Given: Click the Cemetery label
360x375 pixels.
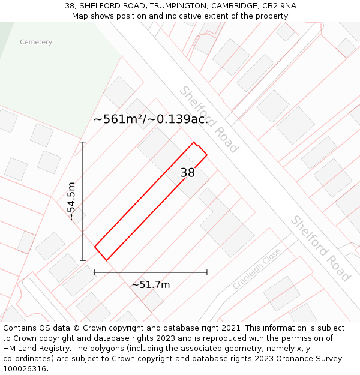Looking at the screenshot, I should tap(36, 42).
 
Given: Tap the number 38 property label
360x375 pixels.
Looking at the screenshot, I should tap(188, 173).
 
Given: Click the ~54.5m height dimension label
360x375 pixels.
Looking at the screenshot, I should tap(71, 201).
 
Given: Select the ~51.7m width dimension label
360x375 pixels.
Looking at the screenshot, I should tap(151, 284).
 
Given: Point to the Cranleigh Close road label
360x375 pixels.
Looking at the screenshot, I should tap(256, 269).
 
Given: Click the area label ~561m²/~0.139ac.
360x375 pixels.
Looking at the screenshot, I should tap(151, 119).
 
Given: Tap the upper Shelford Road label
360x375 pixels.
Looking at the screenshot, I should tap(209, 119).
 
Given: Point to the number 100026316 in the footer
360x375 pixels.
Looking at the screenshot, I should tap(25, 369).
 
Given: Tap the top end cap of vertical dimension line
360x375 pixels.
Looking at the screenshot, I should tap(83, 142).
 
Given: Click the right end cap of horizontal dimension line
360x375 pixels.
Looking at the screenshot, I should tap(207, 272).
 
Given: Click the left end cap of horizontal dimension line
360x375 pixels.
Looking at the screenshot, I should tap(95, 272).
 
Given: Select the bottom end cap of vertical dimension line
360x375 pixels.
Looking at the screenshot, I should tap(83, 260).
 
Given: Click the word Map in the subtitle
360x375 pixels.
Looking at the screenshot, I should tap(80, 16).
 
